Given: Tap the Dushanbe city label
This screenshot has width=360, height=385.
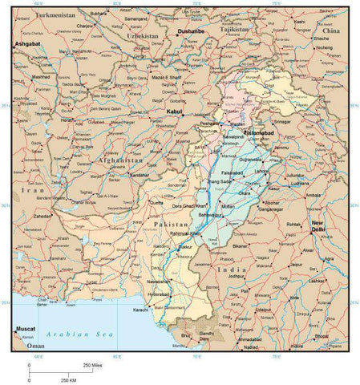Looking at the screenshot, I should click(187, 33).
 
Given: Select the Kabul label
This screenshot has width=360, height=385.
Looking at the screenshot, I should click(174, 112).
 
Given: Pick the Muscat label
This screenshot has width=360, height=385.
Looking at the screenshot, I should click(26, 329).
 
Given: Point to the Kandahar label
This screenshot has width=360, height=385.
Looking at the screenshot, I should click(139, 175).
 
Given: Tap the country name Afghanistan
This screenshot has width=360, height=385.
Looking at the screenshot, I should click(110, 160).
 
